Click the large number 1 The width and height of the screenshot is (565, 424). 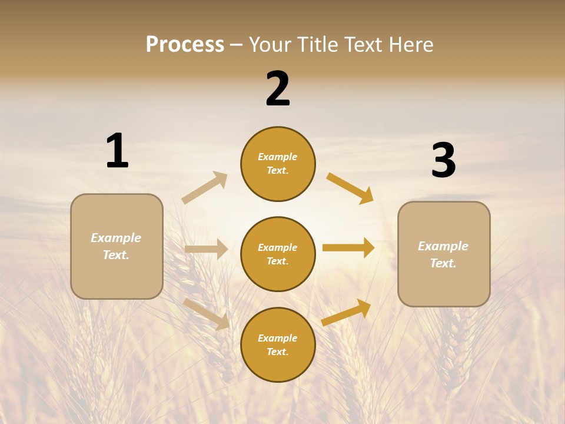pyautogui.click(x=117, y=151)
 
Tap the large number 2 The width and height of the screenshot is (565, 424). pyautogui.click(x=278, y=89)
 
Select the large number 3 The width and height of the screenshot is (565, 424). pyautogui.click(x=443, y=160)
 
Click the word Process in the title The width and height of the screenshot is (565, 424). pyautogui.click(x=185, y=44)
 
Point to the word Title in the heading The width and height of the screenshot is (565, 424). pyautogui.click(x=317, y=44)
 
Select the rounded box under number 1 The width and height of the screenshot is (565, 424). pyautogui.click(x=117, y=246)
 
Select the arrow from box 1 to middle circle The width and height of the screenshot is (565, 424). pyautogui.click(x=206, y=249)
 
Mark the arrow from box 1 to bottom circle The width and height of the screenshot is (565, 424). pyautogui.click(x=207, y=314)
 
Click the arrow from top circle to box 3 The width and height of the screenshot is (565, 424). pyautogui.click(x=350, y=188)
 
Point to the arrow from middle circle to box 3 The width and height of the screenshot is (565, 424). pyautogui.click(x=348, y=247)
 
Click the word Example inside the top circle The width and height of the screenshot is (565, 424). pyautogui.click(x=278, y=157)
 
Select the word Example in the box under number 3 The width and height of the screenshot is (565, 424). pyautogui.click(x=443, y=246)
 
